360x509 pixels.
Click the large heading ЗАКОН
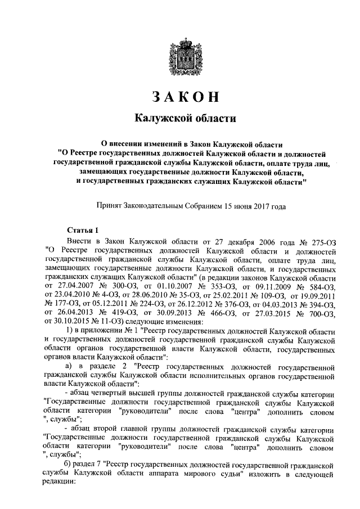[x=180, y=96]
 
